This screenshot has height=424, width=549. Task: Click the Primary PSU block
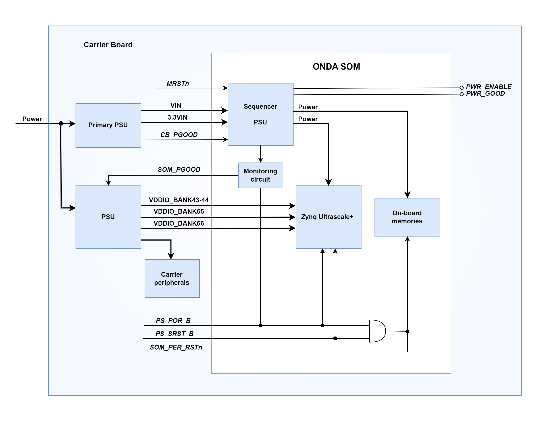tap(108, 125)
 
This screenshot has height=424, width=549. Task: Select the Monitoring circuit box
tap(260, 175)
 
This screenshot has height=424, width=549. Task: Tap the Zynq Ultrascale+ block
tap(328, 217)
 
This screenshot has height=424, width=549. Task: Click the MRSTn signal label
tap(178, 84)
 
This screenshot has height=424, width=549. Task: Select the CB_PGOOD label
tap(179, 135)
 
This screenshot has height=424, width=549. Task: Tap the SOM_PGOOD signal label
tap(179, 169)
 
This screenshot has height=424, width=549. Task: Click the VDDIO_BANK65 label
tap(179, 211)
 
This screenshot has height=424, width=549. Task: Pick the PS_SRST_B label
tap(174, 334)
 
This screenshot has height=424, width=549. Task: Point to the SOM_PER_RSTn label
tap(176, 347)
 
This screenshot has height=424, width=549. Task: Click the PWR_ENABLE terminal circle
tap(461, 88)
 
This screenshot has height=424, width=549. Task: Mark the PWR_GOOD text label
tap(485, 93)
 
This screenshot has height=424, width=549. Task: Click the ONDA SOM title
tap(336, 67)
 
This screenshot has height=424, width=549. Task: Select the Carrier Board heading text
tap(108, 45)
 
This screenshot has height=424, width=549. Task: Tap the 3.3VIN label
tap(177, 117)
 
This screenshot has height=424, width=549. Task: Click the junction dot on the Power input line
tap(61, 123)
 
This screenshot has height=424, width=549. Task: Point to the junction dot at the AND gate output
tap(407, 331)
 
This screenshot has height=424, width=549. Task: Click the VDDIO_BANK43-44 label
tap(179, 200)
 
